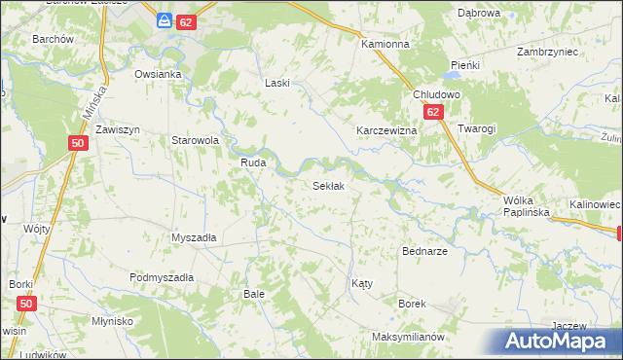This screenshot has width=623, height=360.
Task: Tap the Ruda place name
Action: [253, 163]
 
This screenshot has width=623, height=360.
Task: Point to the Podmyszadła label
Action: [162, 277]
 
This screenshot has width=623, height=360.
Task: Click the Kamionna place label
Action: [385, 45]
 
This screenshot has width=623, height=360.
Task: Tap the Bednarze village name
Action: [424, 251]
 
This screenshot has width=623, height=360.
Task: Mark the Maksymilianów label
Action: [408, 337]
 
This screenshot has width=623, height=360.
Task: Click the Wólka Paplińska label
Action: [527, 204]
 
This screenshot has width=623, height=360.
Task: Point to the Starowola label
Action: [195, 140]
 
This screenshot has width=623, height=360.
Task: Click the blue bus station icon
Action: [165, 20]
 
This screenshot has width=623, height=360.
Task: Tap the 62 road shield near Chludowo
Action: [434, 113]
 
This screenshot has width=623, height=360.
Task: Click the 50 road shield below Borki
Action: [26, 305]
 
